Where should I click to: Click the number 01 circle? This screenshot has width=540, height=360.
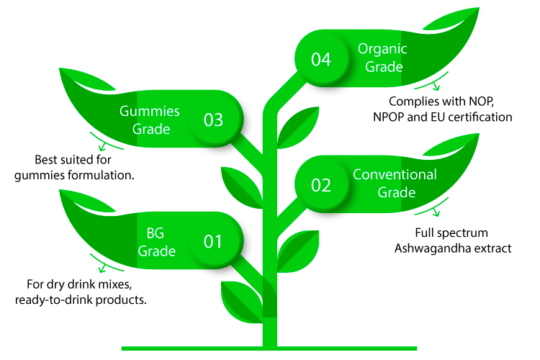pyautogui.click(x=213, y=241)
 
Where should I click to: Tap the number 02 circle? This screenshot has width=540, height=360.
pyautogui.click(x=321, y=185)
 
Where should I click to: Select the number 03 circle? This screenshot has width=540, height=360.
pyautogui.click(x=213, y=120)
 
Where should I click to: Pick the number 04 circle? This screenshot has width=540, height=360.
pyautogui.click(x=321, y=59)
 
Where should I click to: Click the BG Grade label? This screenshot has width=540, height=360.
pyautogui.click(x=156, y=242)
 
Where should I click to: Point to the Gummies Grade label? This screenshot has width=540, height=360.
pyautogui.click(x=149, y=120)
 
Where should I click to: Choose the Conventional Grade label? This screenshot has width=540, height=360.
pyautogui.click(x=395, y=184)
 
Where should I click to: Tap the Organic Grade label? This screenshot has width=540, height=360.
pyautogui.click(x=382, y=58)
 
